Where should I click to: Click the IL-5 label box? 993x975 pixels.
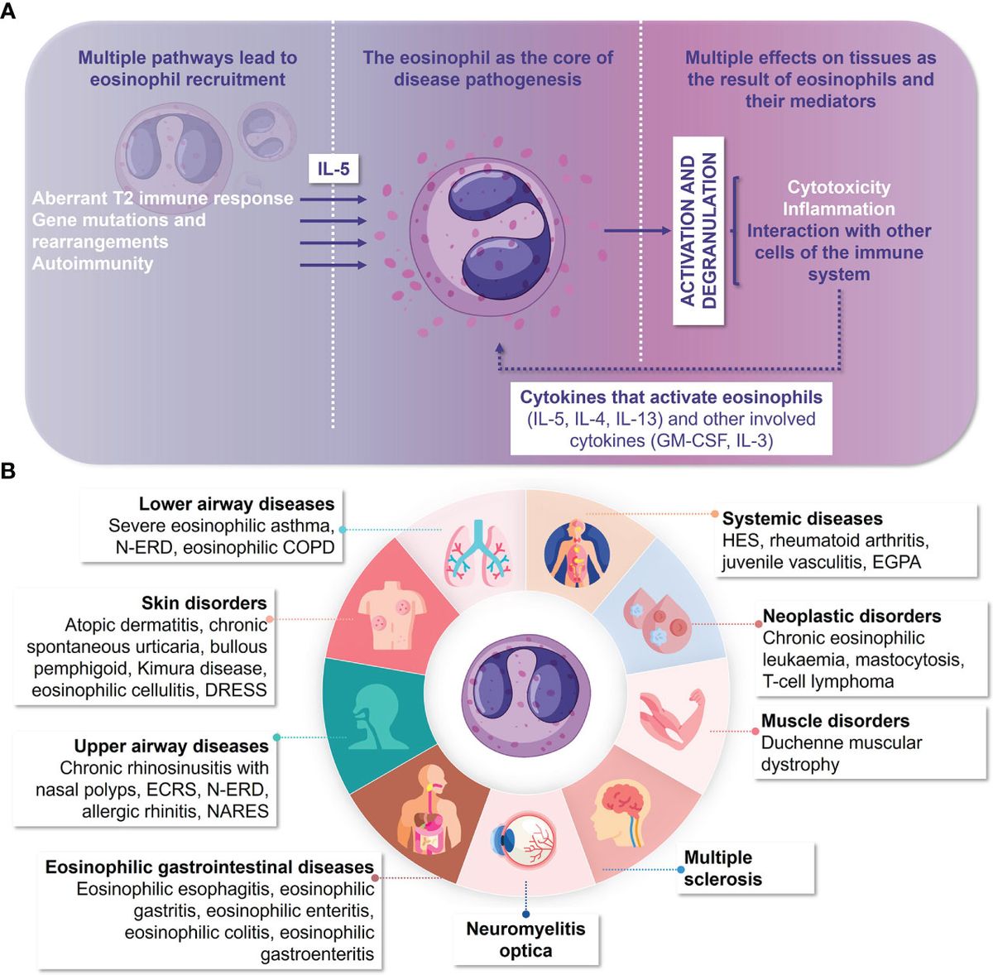(333, 170)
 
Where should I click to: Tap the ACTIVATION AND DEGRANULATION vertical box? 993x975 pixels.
(698, 231)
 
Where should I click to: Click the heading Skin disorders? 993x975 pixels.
(204, 603)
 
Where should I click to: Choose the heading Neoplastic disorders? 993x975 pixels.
(851, 616)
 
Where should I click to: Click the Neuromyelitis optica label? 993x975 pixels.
(525, 939)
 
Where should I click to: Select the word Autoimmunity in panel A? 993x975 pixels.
(93, 264)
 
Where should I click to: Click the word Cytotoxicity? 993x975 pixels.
(838, 187)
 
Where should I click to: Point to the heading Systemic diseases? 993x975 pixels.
(802, 519)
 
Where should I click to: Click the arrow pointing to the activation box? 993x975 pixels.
(637, 231)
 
